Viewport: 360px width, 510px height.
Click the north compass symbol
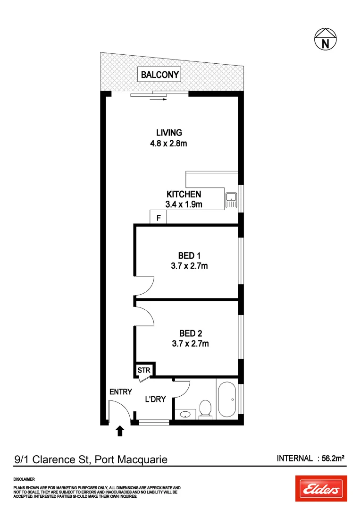point(325,39)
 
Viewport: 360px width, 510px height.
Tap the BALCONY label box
point(159,75)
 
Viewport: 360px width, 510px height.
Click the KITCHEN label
point(184,194)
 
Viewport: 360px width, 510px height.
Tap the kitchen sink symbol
point(231,200)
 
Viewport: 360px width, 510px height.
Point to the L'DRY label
point(155,399)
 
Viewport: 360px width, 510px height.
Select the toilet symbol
point(205,409)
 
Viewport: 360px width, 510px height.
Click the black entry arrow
point(120,431)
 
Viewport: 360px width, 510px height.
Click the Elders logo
point(321,489)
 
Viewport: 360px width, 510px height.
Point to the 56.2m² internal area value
point(331,458)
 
